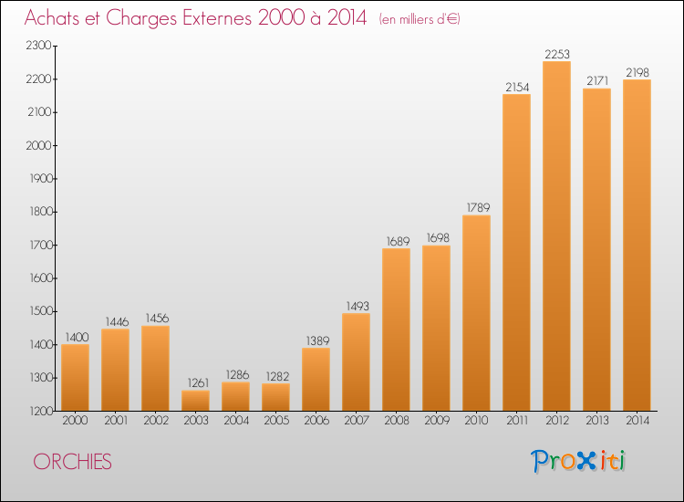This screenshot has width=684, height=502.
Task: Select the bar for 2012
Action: [x=556, y=235]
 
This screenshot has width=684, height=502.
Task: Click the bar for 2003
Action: [x=195, y=401]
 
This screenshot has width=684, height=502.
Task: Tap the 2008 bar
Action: [x=396, y=329]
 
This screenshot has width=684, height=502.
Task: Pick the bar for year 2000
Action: [x=75, y=378]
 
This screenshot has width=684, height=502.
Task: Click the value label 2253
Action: [x=557, y=54]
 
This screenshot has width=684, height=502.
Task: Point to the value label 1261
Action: [x=198, y=382]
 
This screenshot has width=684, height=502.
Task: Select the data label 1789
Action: [x=478, y=207]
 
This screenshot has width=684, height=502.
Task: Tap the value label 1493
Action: [x=358, y=306]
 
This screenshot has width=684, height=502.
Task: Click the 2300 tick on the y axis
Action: [x=39, y=46]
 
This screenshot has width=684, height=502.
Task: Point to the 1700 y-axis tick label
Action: [x=40, y=245]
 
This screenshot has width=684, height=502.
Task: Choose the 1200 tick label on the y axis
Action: [x=41, y=412]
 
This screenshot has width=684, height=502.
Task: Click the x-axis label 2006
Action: [x=316, y=421]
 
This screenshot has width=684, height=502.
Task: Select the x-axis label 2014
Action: [x=637, y=421]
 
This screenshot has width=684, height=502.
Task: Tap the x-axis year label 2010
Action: [x=476, y=421]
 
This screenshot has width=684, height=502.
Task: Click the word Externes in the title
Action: [x=217, y=18]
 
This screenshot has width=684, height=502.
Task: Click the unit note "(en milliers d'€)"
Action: [x=420, y=19]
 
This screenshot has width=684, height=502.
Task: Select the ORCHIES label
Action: [x=72, y=462]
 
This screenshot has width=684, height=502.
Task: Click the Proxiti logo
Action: [x=578, y=461]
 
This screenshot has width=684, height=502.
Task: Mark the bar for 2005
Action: [x=275, y=397]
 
